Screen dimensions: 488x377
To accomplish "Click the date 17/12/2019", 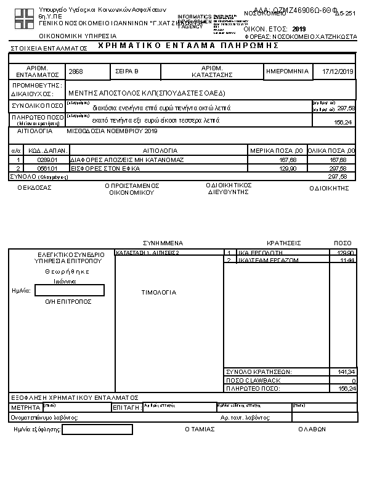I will pyautogui.click(x=338, y=72).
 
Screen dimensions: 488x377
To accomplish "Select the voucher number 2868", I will pyautogui.click(x=76, y=72).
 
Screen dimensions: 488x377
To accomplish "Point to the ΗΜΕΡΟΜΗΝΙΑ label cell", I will pyautogui.click(x=288, y=71).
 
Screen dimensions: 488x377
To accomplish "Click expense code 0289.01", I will pyautogui.click(x=47, y=160).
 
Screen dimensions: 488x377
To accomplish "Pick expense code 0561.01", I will pyautogui.click(x=47, y=168).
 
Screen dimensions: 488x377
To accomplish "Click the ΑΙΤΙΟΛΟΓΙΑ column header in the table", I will pyautogui.click(x=160, y=150).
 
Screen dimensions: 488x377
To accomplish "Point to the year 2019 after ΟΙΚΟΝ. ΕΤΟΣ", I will pyautogui.click(x=299, y=29).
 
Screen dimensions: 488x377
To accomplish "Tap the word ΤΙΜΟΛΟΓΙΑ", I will pyautogui.click(x=159, y=292).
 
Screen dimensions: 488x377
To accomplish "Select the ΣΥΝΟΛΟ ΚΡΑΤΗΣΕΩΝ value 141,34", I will pyautogui.click(x=347, y=372).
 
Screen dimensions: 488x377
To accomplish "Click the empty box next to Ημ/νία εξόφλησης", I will pyautogui.click(x=97, y=429).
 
